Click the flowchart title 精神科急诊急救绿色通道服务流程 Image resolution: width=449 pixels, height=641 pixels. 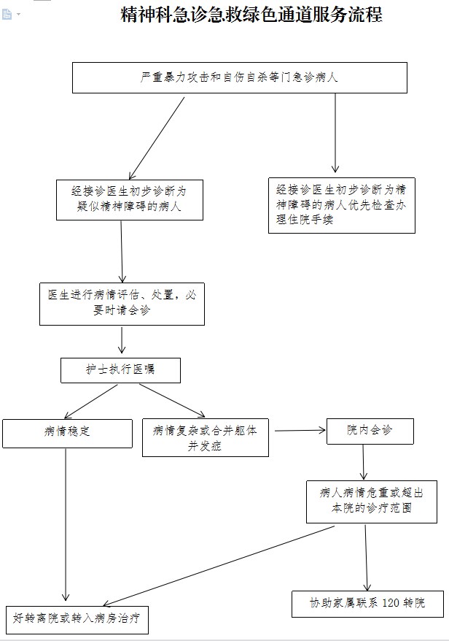[251, 15]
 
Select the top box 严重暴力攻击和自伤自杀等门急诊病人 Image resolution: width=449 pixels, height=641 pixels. [239, 77]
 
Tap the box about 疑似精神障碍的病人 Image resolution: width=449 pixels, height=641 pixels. [130, 199]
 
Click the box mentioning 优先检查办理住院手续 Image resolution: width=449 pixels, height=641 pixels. [341, 206]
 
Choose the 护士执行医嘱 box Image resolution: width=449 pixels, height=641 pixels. [120, 370]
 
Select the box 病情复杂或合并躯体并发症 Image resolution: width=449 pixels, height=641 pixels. [205, 437]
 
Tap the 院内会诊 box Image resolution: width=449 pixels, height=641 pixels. [370, 431]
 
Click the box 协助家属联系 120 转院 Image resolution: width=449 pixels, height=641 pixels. [367, 604]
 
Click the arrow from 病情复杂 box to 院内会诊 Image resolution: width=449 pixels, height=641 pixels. [298, 430]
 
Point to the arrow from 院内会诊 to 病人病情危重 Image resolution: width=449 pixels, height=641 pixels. [364, 461]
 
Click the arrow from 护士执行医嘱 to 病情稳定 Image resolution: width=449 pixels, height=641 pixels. [91, 400]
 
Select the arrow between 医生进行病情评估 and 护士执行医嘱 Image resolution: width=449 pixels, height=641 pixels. [122, 341]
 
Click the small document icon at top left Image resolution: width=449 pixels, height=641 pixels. [7, 14]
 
